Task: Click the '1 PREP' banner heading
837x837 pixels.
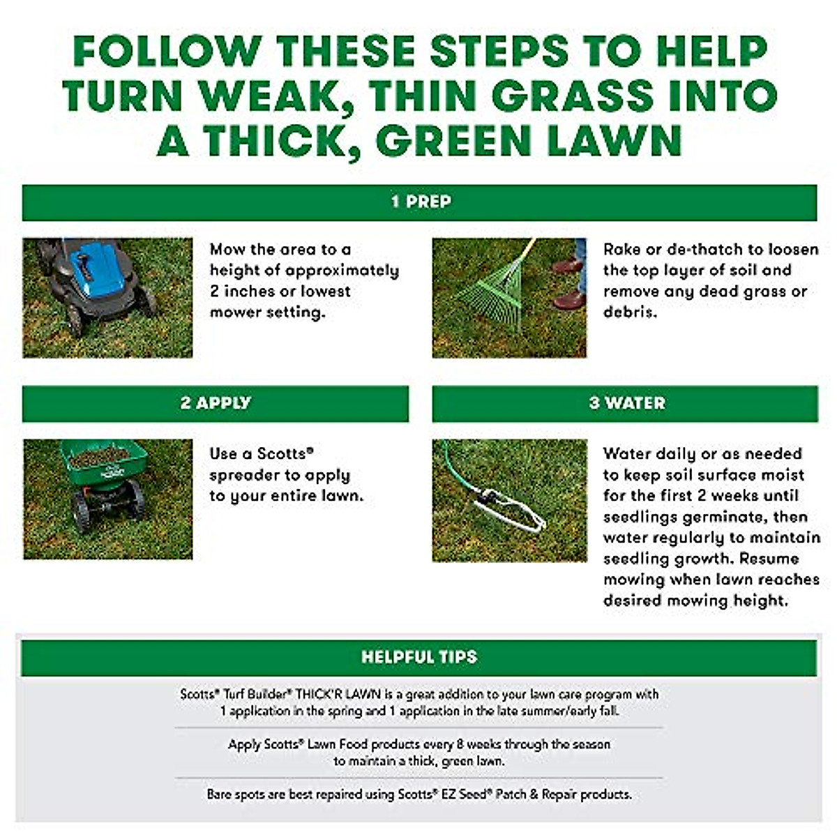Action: click(x=421, y=202)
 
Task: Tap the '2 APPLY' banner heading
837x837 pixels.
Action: click(x=216, y=403)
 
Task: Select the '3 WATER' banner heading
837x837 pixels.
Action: click(x=626, y=403)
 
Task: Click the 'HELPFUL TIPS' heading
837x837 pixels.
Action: click(x=419, y=657)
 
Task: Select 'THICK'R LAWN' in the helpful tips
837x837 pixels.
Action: click(x=339, y=695)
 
